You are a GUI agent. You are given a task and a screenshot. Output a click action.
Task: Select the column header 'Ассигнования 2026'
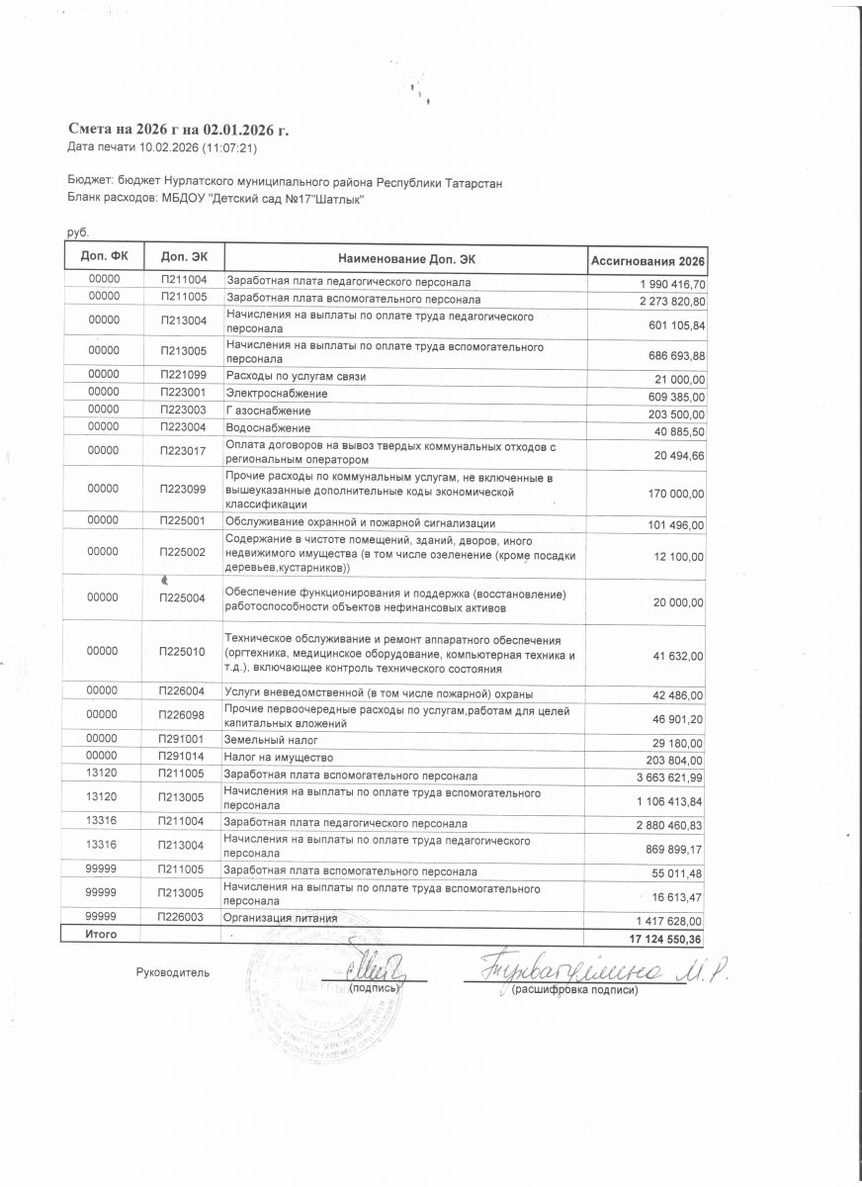(647, 260)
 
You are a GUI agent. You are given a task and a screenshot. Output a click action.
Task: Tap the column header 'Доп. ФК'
(103, 256)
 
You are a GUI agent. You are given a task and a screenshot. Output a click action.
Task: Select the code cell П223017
(182, 451)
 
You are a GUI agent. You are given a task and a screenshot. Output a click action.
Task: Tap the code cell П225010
(182, 651)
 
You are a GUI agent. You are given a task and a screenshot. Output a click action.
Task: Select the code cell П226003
(182, 917)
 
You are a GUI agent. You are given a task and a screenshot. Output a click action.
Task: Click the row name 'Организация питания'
(282, 919)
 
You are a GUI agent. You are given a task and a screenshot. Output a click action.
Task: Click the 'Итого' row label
(103, 934)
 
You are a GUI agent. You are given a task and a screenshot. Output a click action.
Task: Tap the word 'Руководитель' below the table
(173, 972)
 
